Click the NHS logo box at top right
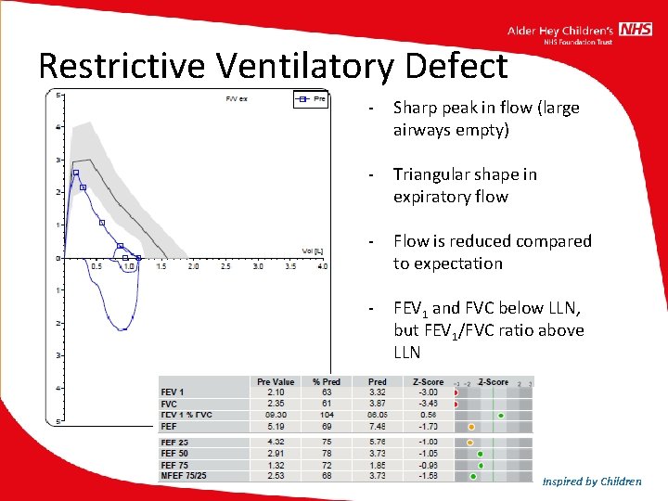(636, 30)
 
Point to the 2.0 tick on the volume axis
(193, 266)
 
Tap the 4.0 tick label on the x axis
(322, 266)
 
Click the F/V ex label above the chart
(238, 97)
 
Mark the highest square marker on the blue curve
(76, 173)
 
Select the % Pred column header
(327, 381)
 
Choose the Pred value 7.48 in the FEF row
(377, 427)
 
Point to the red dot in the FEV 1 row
(456, 392)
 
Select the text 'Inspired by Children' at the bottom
(592, 481)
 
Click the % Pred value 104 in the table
(324, 416)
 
